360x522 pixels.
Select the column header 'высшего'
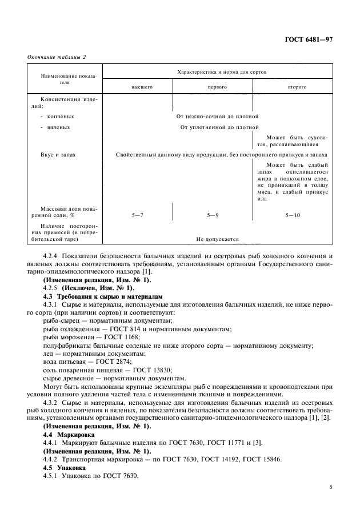(138, 87)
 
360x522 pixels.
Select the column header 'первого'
(213, 87)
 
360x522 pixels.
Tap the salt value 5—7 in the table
(138, 216)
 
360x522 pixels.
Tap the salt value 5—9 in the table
(213, 216)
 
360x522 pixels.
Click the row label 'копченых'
(64, 116)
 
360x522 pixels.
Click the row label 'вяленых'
(63, 127)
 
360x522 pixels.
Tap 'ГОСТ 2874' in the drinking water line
(113, 362)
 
